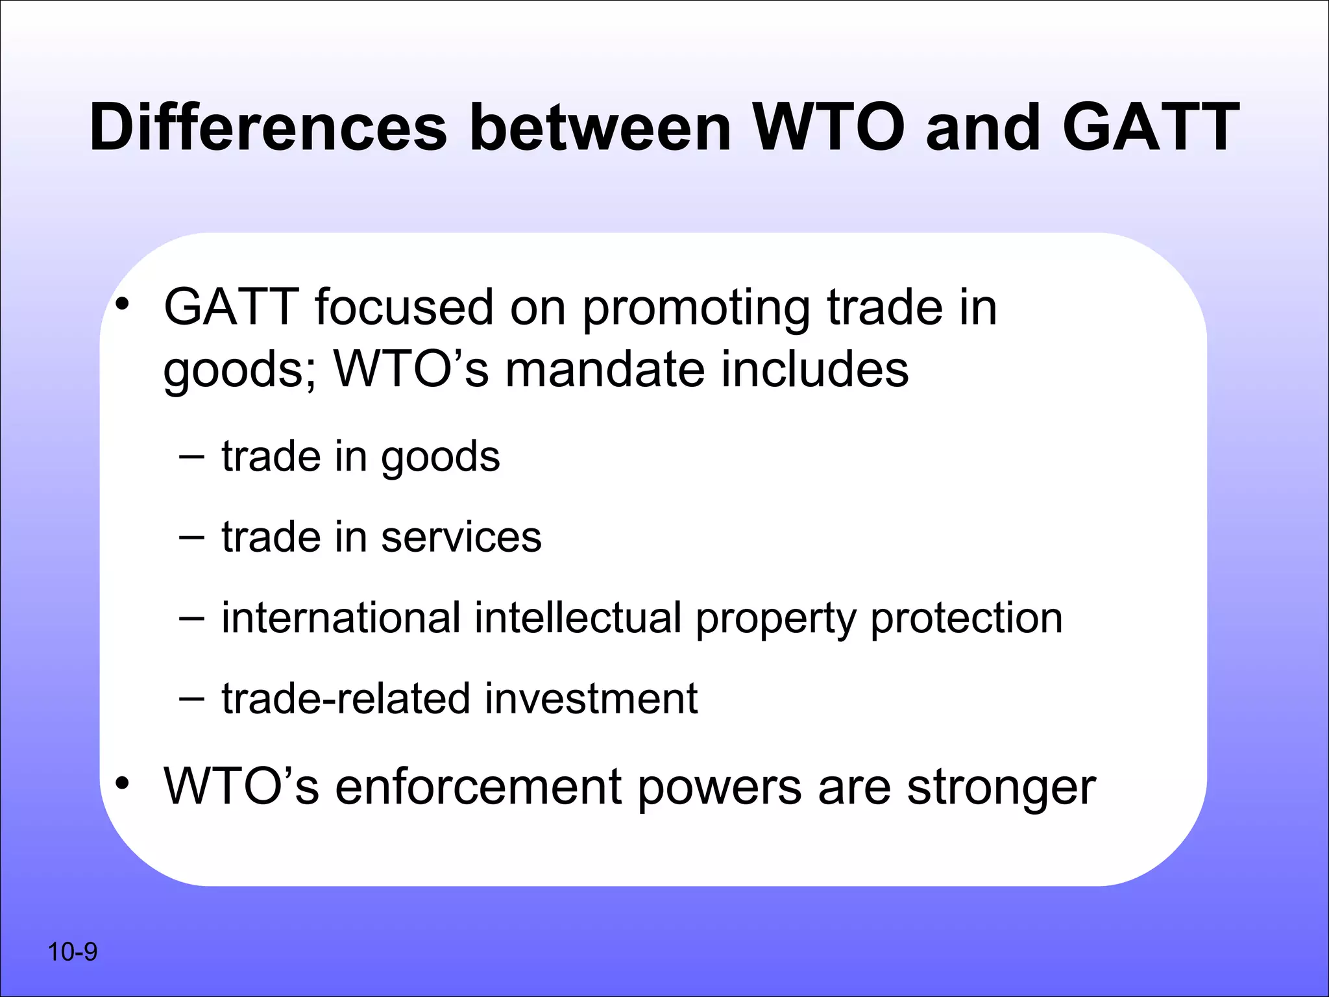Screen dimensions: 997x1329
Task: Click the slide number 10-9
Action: (72, 952)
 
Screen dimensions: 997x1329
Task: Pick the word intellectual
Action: (578, 617)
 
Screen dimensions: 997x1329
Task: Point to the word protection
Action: (966, 619)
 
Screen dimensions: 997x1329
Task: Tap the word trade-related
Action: (346, 698)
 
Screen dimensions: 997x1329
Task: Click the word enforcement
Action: (479, 787)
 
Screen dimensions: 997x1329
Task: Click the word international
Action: (341, 617)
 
